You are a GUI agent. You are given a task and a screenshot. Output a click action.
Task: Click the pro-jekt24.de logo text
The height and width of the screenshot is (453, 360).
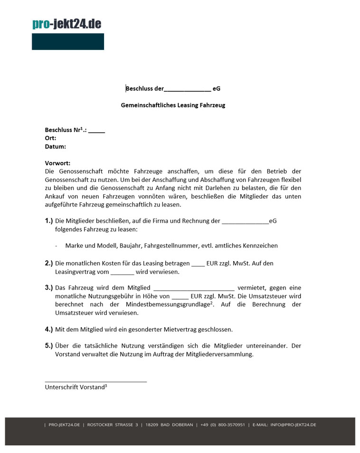[x=66, y=24]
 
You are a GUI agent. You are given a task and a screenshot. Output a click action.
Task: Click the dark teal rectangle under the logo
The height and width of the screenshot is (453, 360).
[x=68, y=42]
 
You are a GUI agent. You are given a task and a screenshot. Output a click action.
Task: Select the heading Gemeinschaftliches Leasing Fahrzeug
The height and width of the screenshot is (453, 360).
[x=173, y=105]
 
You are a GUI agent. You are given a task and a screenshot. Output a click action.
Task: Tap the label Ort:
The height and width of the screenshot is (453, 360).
[x=51, y=138]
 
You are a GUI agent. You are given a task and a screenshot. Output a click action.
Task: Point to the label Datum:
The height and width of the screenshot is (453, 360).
[x=56, y=147]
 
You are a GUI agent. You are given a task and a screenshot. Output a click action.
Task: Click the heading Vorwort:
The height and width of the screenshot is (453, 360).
[x=57, y=163]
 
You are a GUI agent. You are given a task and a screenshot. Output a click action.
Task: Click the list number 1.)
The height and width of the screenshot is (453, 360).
[x=49, y=221]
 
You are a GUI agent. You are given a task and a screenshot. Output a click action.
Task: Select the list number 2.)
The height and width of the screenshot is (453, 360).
[x=49, y=263]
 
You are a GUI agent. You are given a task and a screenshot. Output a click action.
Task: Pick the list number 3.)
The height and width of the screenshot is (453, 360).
[x=49, y=288]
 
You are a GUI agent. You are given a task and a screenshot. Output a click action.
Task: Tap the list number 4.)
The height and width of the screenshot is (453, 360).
[x=49, y=329]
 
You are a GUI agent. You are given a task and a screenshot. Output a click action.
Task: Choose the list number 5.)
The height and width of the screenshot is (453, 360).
[x=49, y=346]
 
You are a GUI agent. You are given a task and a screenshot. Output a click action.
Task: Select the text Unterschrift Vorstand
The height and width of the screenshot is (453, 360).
[x=75, y=387]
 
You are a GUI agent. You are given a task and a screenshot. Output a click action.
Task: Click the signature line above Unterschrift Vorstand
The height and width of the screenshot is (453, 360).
[x=96, y=381]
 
